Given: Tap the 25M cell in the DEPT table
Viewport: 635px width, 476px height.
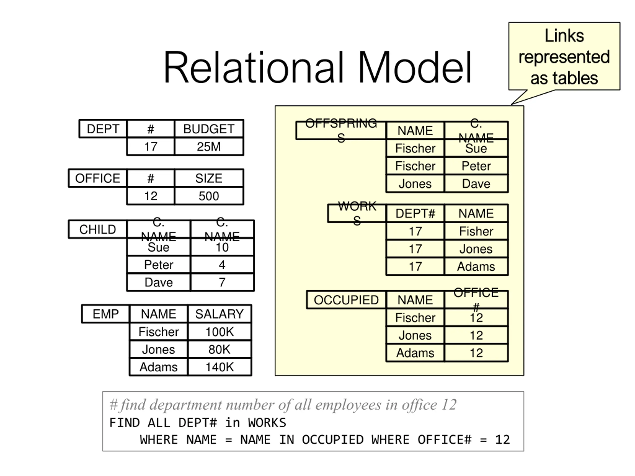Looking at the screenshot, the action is (x=209, y=147).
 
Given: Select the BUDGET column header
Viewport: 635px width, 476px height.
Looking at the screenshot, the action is (x=209, y=129).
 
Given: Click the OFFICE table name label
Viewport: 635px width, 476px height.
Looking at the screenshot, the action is (x=97, y=178).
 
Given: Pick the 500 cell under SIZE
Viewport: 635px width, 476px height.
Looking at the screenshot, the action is (x=209, y=196).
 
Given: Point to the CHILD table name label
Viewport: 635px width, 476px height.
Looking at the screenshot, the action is (x=97, y=229).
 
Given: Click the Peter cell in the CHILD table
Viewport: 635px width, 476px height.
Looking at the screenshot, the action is (x=159, y=265).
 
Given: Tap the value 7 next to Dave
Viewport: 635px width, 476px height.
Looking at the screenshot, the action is (x=222, y=282).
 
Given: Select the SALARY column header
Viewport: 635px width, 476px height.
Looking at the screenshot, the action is (x=219, y=314).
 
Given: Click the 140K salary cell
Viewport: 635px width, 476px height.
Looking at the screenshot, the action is (x=219, y=367).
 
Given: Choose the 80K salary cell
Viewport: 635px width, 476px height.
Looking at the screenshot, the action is (x=219, y=349).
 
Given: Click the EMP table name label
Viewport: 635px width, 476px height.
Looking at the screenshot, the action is (x=106, y=314).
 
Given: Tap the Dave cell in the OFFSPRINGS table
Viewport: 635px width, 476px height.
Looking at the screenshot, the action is (x=476, y=184).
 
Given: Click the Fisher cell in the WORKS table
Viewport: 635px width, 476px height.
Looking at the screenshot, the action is (x=476, y=231).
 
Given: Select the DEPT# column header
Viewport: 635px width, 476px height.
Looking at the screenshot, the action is (x=415, y=213).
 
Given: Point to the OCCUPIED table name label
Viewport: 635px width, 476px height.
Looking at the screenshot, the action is (x=346, y=300).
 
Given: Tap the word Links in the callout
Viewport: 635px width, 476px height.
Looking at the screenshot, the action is (x=564, y=36).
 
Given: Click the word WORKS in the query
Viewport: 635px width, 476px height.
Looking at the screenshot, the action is (x=267, y=423).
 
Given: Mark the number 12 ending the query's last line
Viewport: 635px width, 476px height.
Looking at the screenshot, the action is (x=502, y=440).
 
